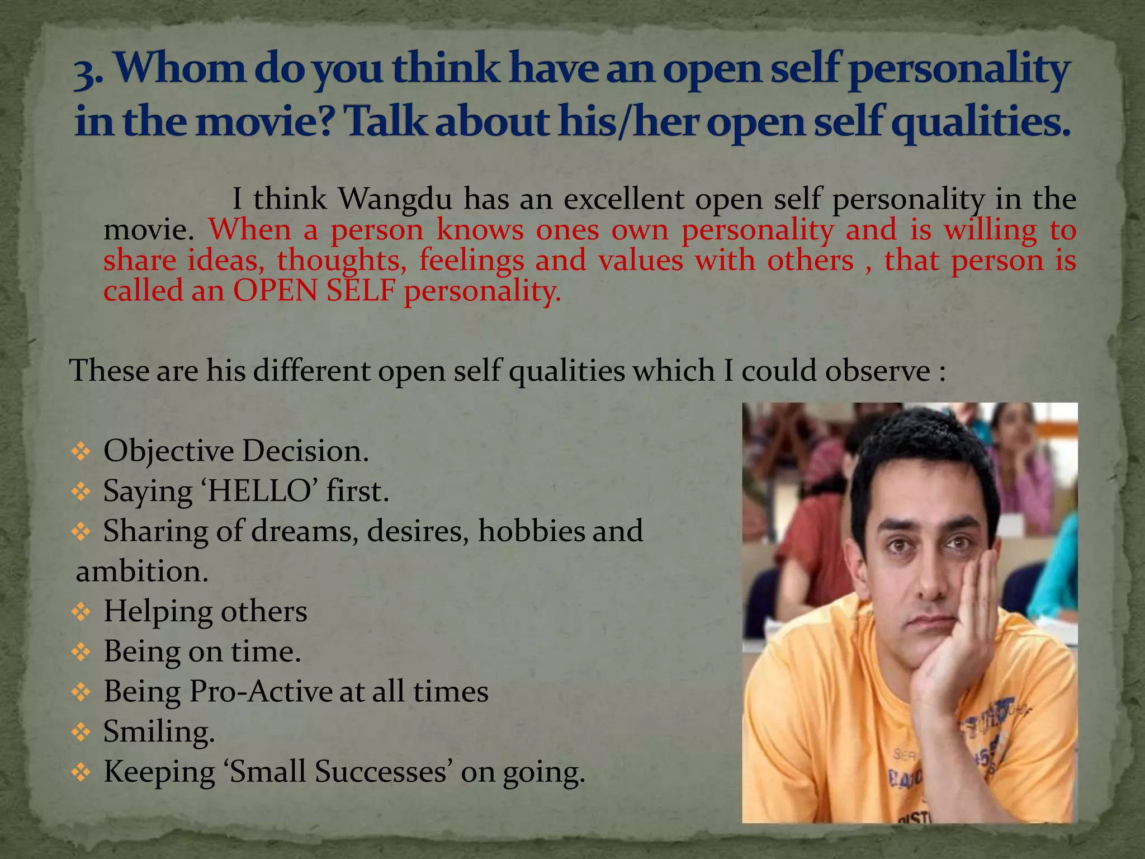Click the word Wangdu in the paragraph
[x=395, y=199]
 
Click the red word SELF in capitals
[x=361, y=291]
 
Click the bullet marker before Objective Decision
[x=81, y=451]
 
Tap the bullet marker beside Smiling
[x=81, y=731]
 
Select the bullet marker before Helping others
[x=81, y=612]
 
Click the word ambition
[x=142, y=572]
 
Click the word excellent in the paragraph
[x=623, y=199]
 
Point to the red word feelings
[x=471, y=261]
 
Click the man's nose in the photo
[x=929, y=582]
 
